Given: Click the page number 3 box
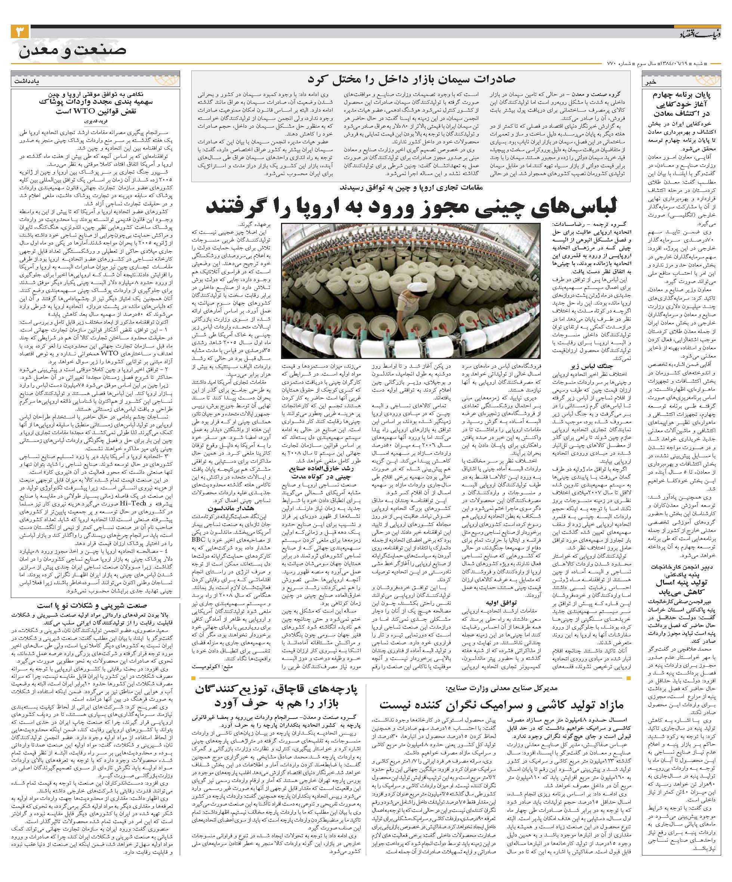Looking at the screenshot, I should pos(20,32).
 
